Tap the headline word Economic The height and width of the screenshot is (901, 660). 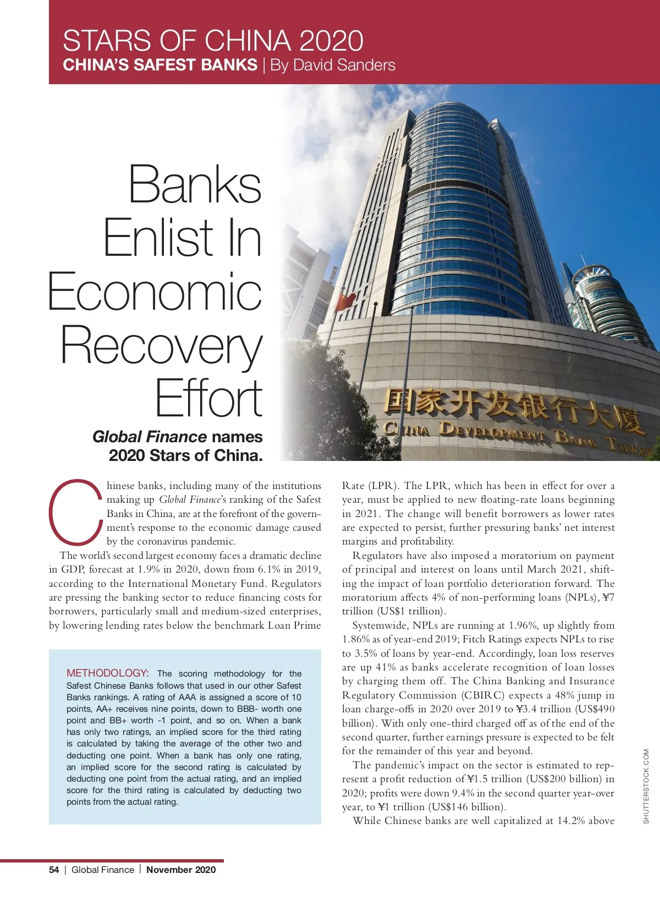click(x=155, y=292)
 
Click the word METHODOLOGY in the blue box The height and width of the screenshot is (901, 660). click(x=107, y=673)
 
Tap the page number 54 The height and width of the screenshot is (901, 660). click(x=54, y=870)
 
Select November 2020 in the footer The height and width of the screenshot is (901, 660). click(x=181, y=870)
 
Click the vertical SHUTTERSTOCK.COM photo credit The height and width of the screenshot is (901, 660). click(x=646, y=787)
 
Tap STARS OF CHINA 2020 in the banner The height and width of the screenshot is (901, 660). click(x=213, y=41)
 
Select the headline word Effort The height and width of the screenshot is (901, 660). click(x=208, y=399)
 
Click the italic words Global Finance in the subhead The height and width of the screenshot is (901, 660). click(x=150, y=437)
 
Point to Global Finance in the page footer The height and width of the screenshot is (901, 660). click(x=103, y=870)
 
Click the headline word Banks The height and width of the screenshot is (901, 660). click(x=195, y=184)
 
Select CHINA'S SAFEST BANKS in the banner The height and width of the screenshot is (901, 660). click(x=160, y=65)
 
